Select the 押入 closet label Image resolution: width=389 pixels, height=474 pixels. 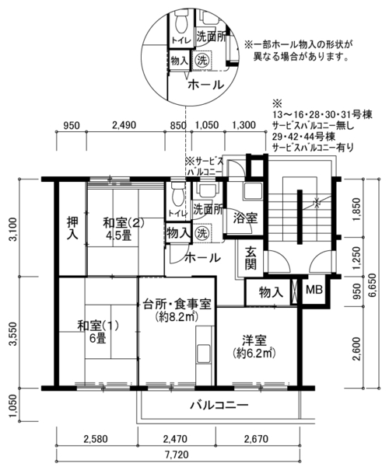[72, 228]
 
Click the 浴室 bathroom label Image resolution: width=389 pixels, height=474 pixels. [245, 218]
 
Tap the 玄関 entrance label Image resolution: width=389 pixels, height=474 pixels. [251, 258]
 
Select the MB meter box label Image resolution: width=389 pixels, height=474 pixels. [314, 290]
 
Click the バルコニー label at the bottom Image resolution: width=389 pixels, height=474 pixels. [219, 405]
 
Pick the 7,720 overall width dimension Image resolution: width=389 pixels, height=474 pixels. [177, 455]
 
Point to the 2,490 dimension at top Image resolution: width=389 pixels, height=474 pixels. [124, 125]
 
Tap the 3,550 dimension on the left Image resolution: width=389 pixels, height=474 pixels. [13, 333]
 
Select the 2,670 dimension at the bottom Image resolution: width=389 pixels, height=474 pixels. [256, 438]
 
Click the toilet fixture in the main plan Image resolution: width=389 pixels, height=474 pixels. [177, 193]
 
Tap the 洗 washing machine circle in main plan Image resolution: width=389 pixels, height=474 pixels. [202, 233]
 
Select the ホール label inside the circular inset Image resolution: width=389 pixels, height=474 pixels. [206, 85]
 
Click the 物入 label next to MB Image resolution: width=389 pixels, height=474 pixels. [271, 292]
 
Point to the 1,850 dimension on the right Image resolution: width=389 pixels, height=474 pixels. [357, 210]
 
